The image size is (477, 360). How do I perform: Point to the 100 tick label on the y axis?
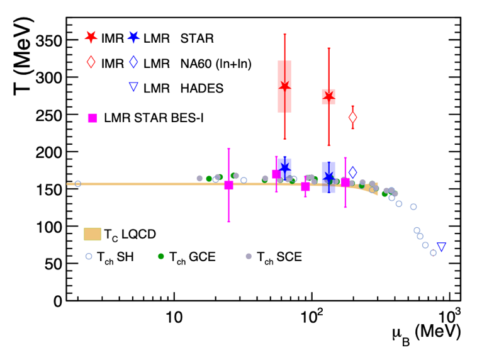(x=48, y=227)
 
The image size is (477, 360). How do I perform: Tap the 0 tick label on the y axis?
(x=58, y=301)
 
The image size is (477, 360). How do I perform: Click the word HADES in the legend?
(x=203, y=88)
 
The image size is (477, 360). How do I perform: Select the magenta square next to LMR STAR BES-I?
(x=93, y=117)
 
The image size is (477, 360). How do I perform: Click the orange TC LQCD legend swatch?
(x=93, y=233)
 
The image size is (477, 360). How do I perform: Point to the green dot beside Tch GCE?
(x=161, y=256)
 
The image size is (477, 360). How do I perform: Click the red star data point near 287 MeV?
(x=284, y=86)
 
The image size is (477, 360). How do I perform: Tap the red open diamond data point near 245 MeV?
(x=352, y=117)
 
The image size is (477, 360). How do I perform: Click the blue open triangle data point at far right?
(x=441, y=247)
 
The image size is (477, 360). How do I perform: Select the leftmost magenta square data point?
(x=228, y=185)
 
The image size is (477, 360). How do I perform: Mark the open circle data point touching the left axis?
(x=77, y=184)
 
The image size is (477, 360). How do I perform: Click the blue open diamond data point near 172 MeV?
(x=352, y=172)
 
